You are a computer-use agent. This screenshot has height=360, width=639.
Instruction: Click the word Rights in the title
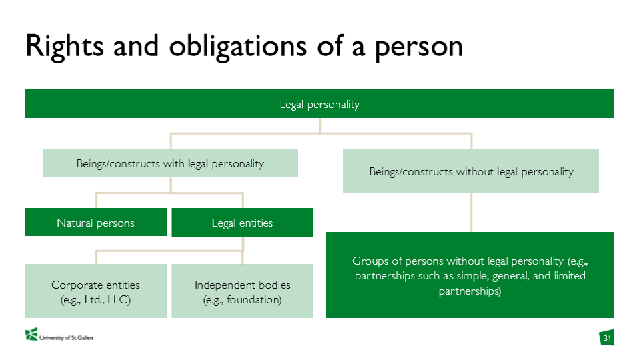[x=65, y=47]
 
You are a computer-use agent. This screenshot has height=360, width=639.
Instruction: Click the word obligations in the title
[x=237, y=47]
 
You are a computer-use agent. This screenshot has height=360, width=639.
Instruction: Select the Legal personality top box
[x=319, y=104]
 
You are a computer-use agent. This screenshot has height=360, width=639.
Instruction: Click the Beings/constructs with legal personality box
[x=170, y=163]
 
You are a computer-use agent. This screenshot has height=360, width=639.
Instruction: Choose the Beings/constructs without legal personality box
[x=471, y=171]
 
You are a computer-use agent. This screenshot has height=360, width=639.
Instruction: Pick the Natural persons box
[x=96, y=223]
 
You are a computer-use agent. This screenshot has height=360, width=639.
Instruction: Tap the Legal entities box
[x=242, y=223]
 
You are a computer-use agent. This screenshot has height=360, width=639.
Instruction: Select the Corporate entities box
[x=96, y=291]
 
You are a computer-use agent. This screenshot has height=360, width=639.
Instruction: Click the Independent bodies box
[x=242, y=291]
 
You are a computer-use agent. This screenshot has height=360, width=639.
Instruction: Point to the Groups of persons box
[x=470, y=275]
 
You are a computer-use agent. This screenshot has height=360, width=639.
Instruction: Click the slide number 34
[x=607, y=338]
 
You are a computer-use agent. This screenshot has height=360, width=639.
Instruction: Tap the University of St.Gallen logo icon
[x=31, y=335]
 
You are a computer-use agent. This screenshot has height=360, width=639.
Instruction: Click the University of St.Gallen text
[x=66, y=337]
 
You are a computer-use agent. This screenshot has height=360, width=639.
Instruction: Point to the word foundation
[x=254, y=300]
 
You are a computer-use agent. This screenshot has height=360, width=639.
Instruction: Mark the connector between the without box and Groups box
[x=471, y=212]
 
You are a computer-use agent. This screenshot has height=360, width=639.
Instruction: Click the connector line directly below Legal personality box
[x=320, y=125]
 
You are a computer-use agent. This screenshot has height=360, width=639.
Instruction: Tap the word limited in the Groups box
[x=570, y=276]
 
